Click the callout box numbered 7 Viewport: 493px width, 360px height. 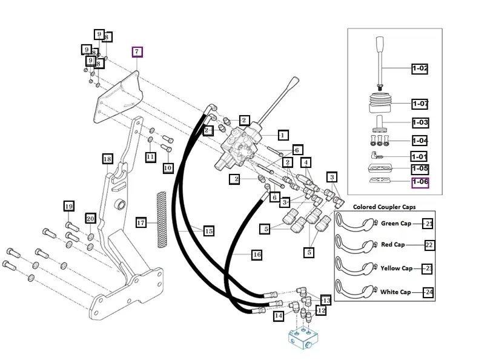[137, 52]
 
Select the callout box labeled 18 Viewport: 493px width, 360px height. [107, 159]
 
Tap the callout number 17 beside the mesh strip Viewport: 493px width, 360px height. [141, 222]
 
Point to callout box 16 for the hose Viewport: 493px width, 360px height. [257, 255]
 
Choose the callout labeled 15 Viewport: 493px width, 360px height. [208, 231]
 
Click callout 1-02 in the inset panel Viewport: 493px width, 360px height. [420, 68]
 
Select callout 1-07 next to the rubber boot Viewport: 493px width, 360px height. [420, 104]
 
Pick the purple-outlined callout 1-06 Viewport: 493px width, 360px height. [420, 182]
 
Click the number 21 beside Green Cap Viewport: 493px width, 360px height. [428, 224]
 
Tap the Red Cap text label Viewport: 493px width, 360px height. [392, 245]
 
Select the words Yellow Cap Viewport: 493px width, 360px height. [396, 268]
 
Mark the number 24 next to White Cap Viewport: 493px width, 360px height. [429, 292]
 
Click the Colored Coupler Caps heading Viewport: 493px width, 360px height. [384, 207]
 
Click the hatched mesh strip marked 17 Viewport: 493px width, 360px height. [161, 220]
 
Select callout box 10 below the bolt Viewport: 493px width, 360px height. [168, 168]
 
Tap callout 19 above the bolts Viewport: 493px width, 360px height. [68, 206]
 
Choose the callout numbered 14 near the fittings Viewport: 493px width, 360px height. [279, 316]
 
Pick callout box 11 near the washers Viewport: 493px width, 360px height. [150, 157]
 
